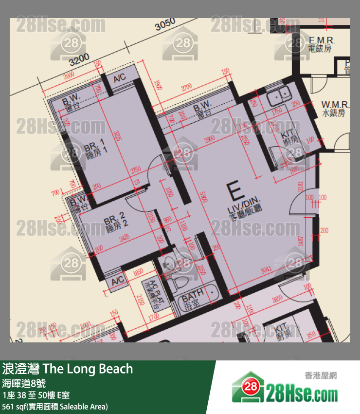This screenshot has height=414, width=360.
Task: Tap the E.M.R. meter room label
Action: (320, 44)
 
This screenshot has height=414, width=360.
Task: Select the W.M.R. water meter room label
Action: (333, 109)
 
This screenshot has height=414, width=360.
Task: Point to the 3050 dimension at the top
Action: (165, 25)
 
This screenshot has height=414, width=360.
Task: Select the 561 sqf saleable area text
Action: (54, 406)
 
